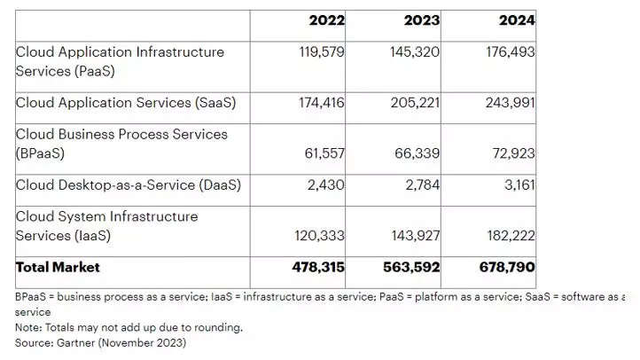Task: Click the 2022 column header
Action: [x=326, y=20]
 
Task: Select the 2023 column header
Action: [x=422, y=20]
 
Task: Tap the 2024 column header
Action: [x=517, y=20]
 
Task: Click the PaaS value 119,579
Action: [x=322, y=51]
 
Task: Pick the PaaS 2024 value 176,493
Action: [x=511, y=51]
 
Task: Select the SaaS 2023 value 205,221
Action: [x=415, y=103]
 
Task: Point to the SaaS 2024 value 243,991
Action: [x=511, y=103]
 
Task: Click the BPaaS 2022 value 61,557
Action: [x=324, y=153]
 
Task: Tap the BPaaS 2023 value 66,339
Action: [x=418, y=153]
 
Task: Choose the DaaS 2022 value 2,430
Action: [x=325, y=185]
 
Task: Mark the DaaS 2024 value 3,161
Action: [x=519, y=185]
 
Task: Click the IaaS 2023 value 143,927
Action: [x=416, y=236]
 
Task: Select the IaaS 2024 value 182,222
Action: [x=511, y=236]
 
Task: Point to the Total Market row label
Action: [x=58, y=268]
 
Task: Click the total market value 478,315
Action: [x=318, y=268]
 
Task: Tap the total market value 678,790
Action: [x=507, y=268]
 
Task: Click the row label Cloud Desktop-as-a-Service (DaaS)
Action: [x=129, y=185]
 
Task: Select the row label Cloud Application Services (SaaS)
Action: [x=126, y=103]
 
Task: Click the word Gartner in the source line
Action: [x=75, y=343]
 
